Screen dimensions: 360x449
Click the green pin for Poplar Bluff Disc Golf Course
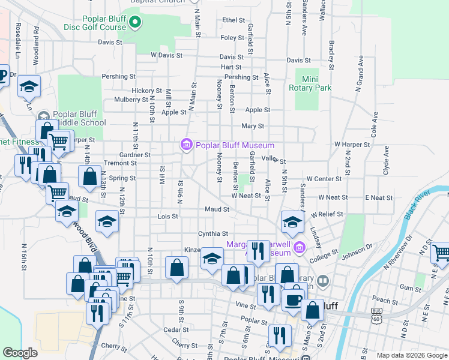click(x=136, y=23)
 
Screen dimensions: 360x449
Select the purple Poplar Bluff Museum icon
click(x=186, y=145)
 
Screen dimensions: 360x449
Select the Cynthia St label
click(x=213, y=233)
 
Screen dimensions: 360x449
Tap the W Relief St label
click(x=327, y=214)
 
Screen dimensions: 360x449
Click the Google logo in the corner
click(x=20, y=353)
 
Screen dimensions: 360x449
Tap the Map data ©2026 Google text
click(x=411, y=355)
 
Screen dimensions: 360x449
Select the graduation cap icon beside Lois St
click(x=107, y=223)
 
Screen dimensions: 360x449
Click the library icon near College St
click(x=323, y=280)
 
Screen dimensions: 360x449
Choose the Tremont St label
click(x=116, y=163)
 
